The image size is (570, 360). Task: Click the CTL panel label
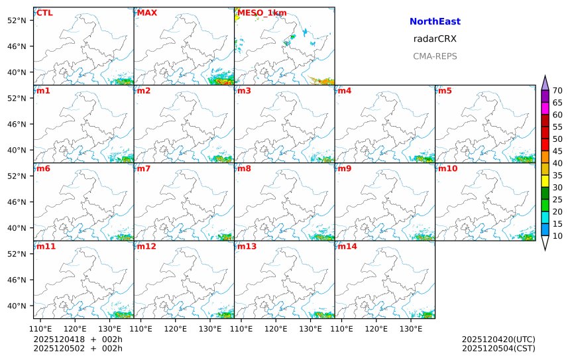pos(44,13)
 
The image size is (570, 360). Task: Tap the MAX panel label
pos(146,13)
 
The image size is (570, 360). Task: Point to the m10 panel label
pos(447,168)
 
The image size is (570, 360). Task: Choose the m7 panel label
pos(144,168)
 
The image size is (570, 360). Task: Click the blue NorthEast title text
pos(435,22)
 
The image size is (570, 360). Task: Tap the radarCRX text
pos(435,39)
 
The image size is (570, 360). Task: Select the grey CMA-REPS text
pos(435,56)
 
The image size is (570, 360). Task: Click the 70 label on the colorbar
pos(557,91)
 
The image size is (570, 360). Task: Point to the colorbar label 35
pos(557,175)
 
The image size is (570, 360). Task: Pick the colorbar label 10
pos(557,236)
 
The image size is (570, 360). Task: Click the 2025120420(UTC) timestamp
pos(498,339)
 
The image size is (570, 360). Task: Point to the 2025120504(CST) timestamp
pos(498,348)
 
